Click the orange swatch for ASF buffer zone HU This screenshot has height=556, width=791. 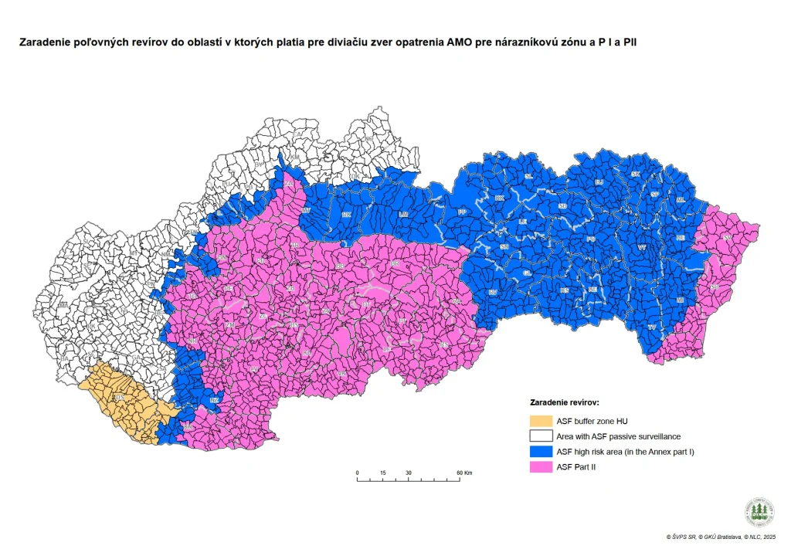pos(541,421)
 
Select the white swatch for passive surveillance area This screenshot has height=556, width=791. pos(541,436)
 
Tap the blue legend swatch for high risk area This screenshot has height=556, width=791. pos(541,452)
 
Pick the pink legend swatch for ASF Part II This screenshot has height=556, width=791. pos(541,467)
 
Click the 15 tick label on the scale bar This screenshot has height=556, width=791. pos(382,472)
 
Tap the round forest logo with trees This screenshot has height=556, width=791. pos(759,512)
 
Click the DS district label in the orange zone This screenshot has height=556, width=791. pos(119,398)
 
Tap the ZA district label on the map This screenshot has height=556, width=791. pos(288,184)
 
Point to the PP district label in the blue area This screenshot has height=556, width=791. pos(462,212)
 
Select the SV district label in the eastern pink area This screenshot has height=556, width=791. pos(728,238)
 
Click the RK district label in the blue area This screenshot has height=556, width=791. pos(346,214)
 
